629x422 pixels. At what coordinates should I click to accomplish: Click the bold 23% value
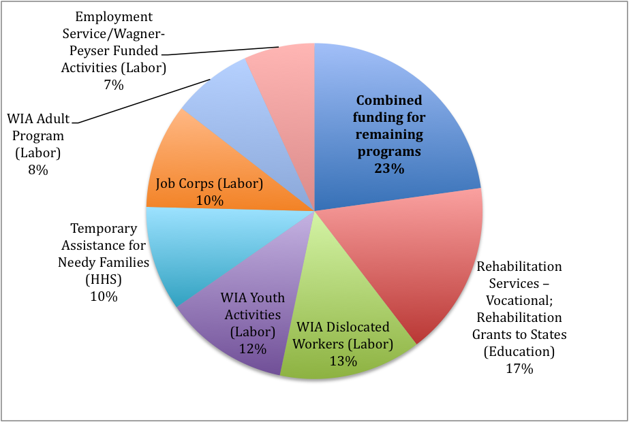tap(389, 168)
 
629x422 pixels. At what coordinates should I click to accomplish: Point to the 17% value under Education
tap(519, 369)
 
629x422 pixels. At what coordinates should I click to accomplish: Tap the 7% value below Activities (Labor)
tap(113, 85)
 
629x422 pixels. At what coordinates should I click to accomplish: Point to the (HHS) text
tap(104, 279)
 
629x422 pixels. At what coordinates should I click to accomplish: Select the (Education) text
tap(519, 351)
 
